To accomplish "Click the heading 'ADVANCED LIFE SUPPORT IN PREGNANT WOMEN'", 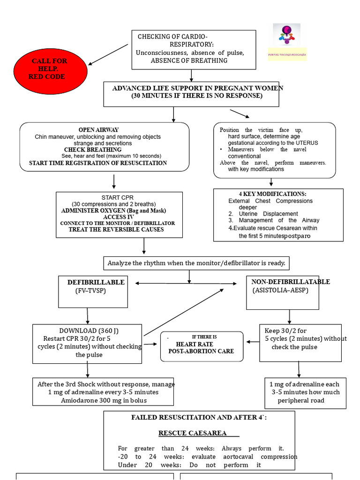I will click(197, 88).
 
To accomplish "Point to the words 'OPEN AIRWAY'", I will click(98, 130).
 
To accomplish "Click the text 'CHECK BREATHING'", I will click(93, 150).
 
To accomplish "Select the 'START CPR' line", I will click(117, 198).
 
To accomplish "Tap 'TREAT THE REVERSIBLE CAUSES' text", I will click(116, 230).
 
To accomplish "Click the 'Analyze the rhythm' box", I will click(196, 263).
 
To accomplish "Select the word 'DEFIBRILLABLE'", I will click(96, 282).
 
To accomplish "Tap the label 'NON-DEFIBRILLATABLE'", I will click(291, 282).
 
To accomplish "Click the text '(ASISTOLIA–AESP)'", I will click(280, 290).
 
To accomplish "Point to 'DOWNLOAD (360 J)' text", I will click(87, 330).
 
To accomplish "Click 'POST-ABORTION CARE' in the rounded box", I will click(201, 351).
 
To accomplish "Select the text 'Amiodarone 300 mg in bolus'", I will click(104, 400).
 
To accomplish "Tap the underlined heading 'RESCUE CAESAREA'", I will click(193, 433).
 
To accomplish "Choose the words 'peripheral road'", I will click(301, 400).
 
